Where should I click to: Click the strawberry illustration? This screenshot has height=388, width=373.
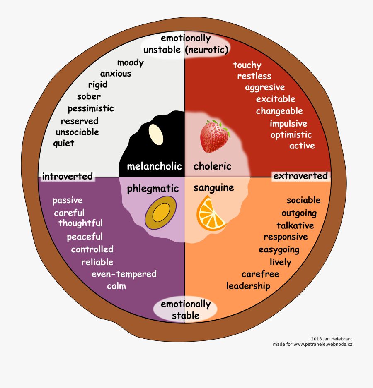pos(214,137)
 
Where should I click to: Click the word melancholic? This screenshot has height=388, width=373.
pos(154,166)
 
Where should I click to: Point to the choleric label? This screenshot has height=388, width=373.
pos(212,166)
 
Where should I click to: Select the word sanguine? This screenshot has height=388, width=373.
pos(213,188)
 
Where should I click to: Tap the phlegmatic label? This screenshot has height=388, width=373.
pos(153,189)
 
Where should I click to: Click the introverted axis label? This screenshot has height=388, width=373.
pos(67,176)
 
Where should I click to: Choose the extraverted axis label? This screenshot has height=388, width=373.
pos(300,176)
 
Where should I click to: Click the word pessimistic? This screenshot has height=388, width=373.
pos(90,109)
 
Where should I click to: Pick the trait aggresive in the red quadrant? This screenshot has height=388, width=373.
pos(265,87)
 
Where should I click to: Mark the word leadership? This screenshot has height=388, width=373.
pos(248,286)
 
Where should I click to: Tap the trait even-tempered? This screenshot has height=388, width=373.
pos(124,274)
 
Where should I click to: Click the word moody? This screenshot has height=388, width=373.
pos(130,63)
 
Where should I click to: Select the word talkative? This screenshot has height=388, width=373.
pos(295,225)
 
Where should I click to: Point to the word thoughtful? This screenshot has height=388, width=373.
pos(80,223)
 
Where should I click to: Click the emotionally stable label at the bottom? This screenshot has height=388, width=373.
pos(186,310)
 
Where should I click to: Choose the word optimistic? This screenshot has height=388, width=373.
pos(291,135)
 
